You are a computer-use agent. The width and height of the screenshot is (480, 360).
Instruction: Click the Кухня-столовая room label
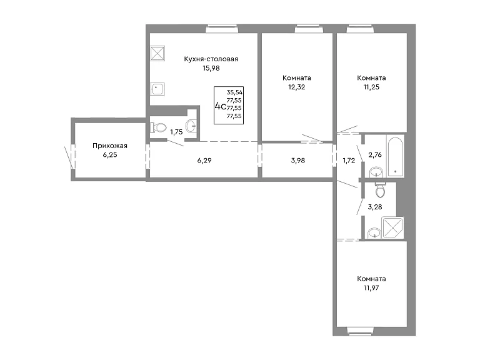coord(211,59)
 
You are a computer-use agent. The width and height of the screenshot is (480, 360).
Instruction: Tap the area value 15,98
coord(211,68)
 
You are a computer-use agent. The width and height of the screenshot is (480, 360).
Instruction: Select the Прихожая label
coord(110,146)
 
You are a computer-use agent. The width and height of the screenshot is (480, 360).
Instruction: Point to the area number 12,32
coord(297,87)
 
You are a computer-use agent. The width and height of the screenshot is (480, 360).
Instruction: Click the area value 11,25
coord(371,87)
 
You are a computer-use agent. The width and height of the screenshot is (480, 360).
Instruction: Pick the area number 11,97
coord(371,287)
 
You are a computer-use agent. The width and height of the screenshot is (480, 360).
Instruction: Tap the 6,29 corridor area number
coord(204,161)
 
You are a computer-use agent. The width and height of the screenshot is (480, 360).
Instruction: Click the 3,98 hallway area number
coord(298,161)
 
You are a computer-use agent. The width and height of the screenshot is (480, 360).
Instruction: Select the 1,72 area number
coord(349,161)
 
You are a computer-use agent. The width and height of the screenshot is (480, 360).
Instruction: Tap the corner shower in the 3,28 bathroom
coord(392,227)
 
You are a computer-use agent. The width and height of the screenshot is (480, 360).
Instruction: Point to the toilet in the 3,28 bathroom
coord(380,189)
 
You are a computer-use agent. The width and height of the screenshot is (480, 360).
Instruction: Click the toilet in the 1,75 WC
coord(158,127)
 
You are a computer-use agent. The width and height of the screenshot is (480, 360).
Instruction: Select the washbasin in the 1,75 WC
coord(191,125)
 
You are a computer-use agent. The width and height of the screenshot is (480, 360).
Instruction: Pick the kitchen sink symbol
coord(157,89)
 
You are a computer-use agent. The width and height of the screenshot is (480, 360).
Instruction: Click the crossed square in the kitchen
coord(157,53)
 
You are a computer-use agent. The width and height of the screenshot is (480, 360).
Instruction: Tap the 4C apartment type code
coord(221,106)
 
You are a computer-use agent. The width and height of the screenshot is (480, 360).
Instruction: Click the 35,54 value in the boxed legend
coord(235,92)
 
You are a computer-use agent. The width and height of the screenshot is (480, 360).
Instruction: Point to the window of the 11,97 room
coord(360,331)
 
